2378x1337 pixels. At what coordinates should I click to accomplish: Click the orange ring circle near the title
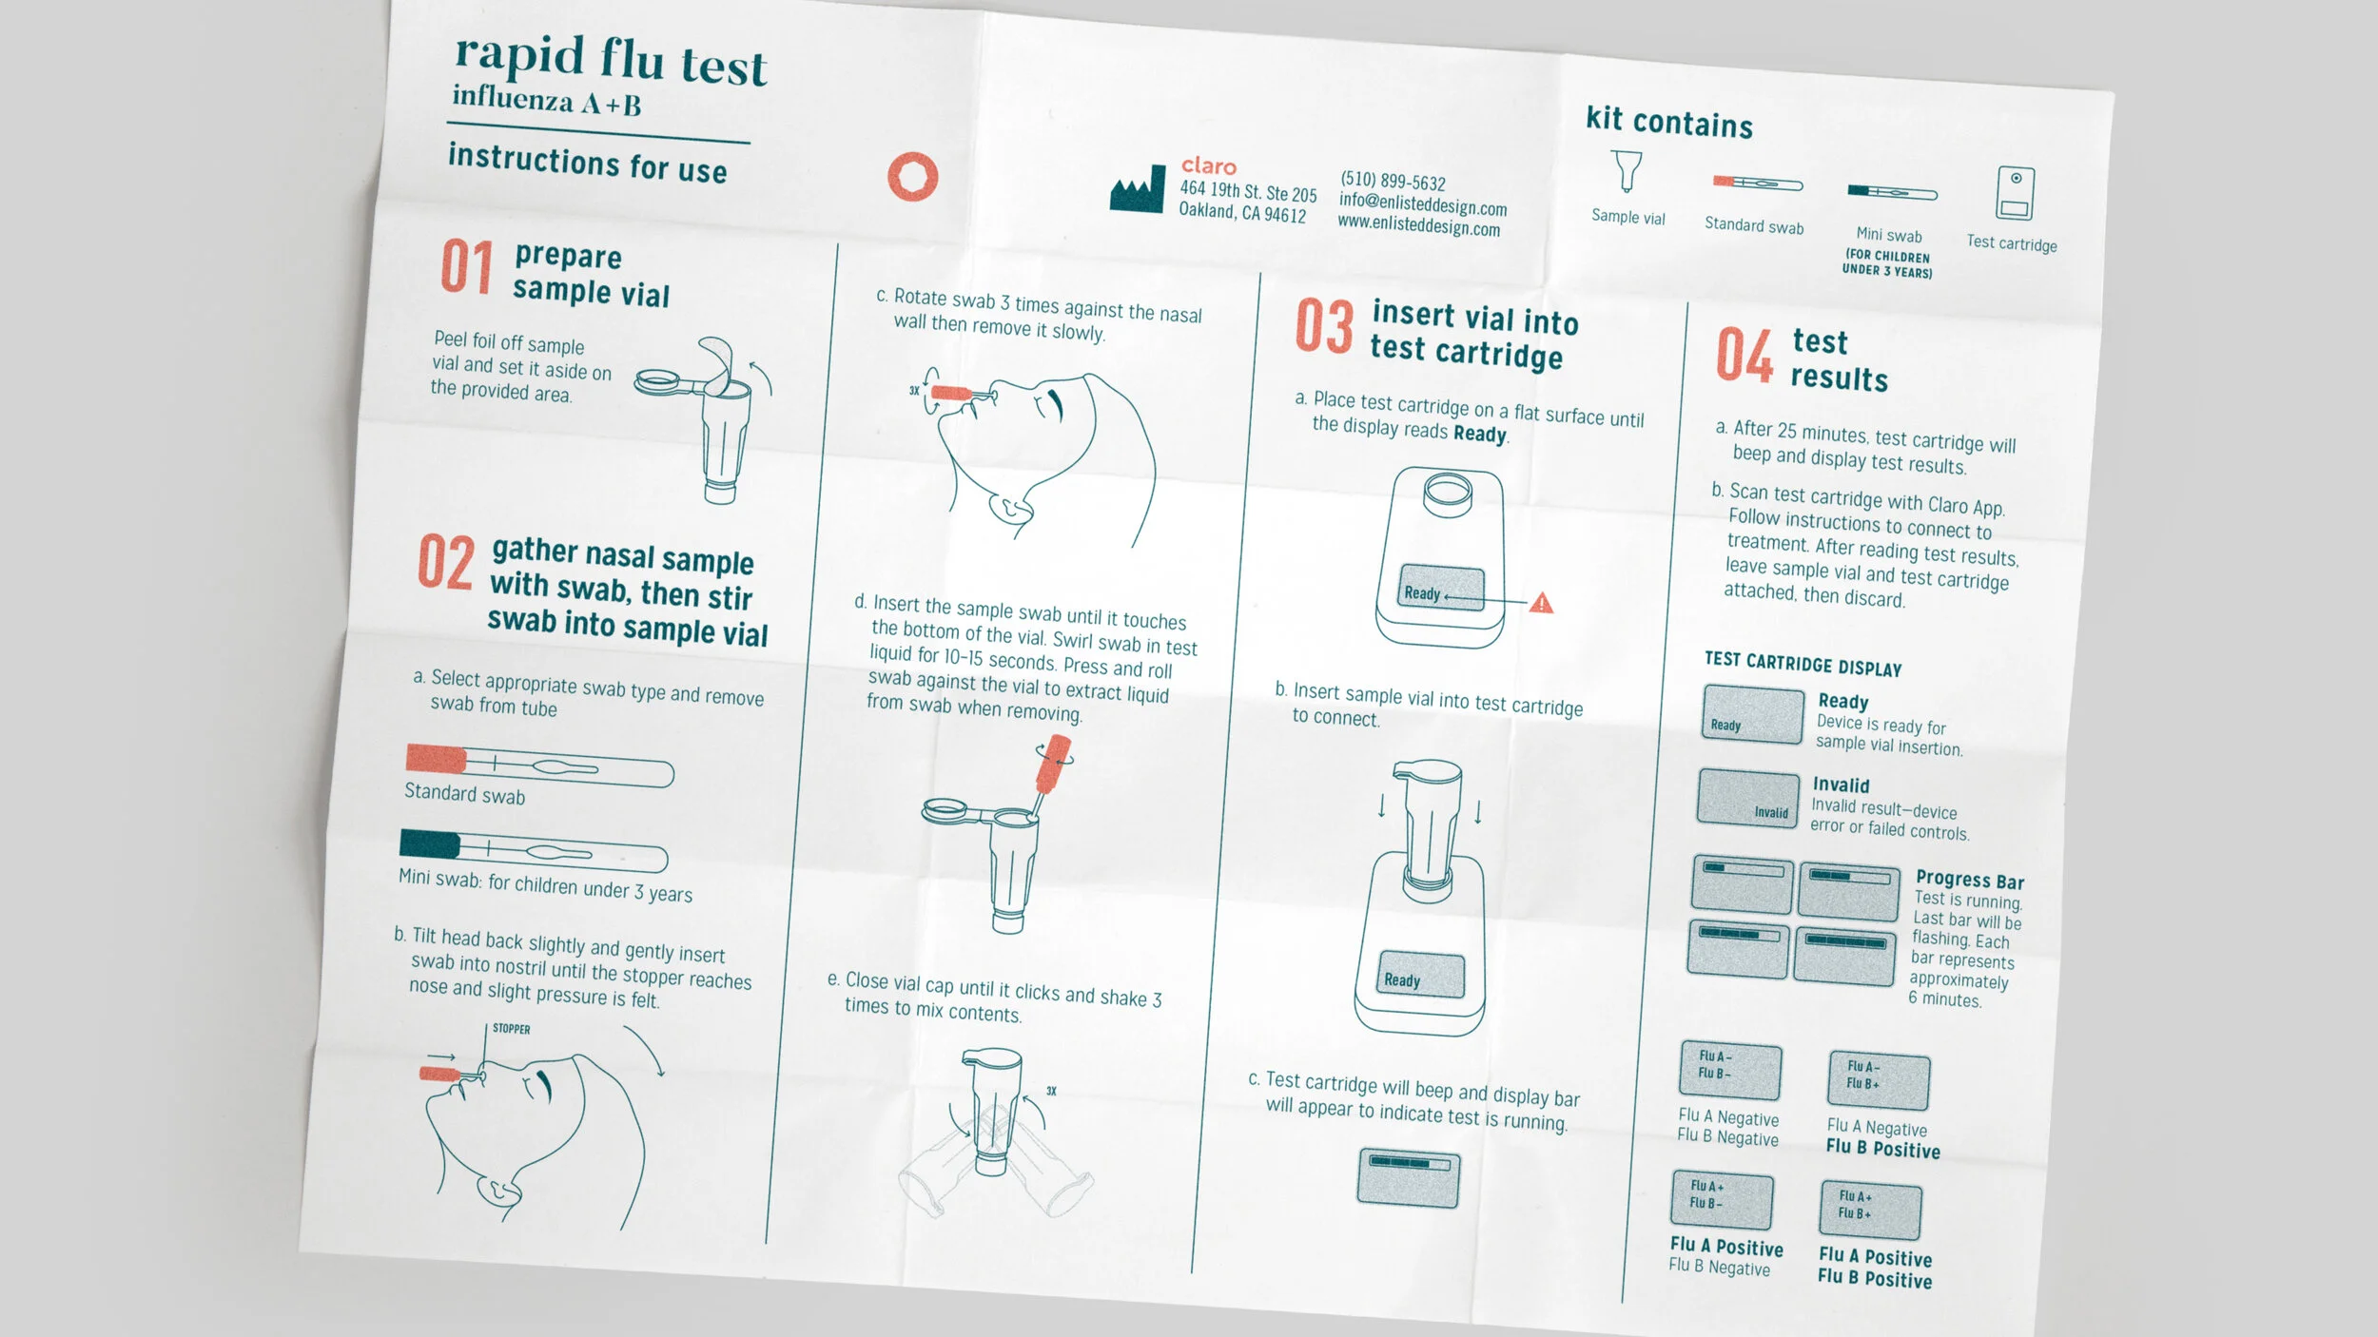coord(913,177)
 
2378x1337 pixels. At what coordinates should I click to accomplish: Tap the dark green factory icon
coord(1137,189)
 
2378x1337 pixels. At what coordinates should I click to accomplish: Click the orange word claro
coord(1209,166)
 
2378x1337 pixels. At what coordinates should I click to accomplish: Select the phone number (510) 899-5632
coord(1393,181)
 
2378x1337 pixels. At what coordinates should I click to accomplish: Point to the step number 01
coord(466,267)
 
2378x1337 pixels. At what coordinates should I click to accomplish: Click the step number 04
coord(1745,355)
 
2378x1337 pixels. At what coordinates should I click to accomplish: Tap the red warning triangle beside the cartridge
coord(1541,602)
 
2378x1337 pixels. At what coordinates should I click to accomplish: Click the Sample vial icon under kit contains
coord(1628,171)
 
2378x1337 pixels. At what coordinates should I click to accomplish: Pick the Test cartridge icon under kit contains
coord(2015,194)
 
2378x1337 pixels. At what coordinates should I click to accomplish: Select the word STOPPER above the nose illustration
coord(512,1029)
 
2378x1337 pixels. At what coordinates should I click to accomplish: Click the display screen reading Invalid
coord(1749,797)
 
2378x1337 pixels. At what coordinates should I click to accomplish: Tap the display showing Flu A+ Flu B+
coord(1870,1211)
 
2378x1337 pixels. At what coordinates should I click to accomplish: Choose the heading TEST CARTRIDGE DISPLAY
coord(1803,664)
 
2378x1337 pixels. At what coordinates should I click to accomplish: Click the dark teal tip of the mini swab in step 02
coord(430,843)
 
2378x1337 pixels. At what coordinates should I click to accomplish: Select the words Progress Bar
coord(1970,880)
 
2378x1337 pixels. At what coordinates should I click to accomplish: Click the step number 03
coord(1324,326)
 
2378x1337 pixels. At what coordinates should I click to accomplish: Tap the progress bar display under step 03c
coord(1409,1178)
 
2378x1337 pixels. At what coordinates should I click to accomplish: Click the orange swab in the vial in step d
coord(1052,767)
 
